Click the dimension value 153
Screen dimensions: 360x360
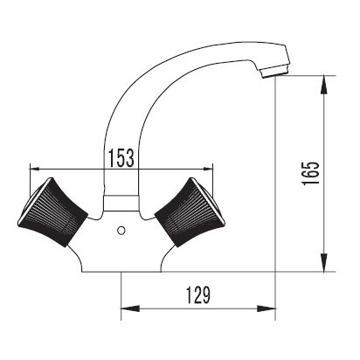click(121, 158)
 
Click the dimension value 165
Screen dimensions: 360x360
click(310, 173)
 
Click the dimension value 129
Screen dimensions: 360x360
click(198, 295)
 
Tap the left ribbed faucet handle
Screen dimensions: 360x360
click(53, 212)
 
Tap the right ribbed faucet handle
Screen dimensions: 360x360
click(190, 212)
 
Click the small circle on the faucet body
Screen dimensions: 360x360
click(121, 231)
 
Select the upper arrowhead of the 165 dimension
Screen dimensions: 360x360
click(324, 85)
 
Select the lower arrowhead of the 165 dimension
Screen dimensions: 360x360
click(324, 263)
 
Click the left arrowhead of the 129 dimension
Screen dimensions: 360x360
click(130, 308)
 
